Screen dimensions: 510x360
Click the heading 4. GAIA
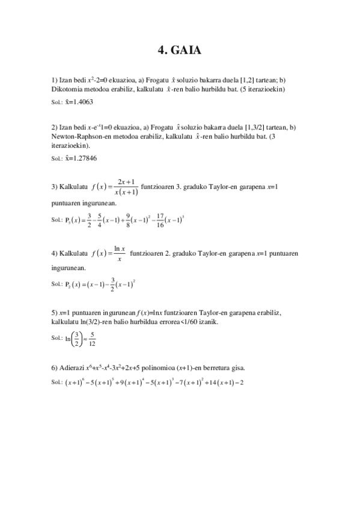coord(179,51)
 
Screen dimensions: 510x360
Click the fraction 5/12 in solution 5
coord(91,340)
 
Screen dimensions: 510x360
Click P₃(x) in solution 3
coord(75,221)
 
